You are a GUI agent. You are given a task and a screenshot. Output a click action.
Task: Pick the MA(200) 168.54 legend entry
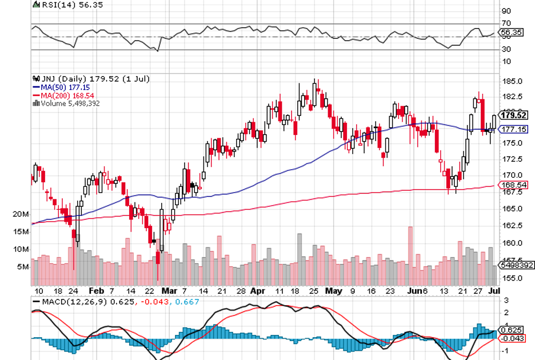coord(61,95)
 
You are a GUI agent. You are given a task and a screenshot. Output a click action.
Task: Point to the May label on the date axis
coord(333,290)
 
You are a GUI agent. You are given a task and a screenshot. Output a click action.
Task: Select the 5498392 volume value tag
coord(516,266)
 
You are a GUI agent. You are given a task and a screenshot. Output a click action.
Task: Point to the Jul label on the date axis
coord(495,290)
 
